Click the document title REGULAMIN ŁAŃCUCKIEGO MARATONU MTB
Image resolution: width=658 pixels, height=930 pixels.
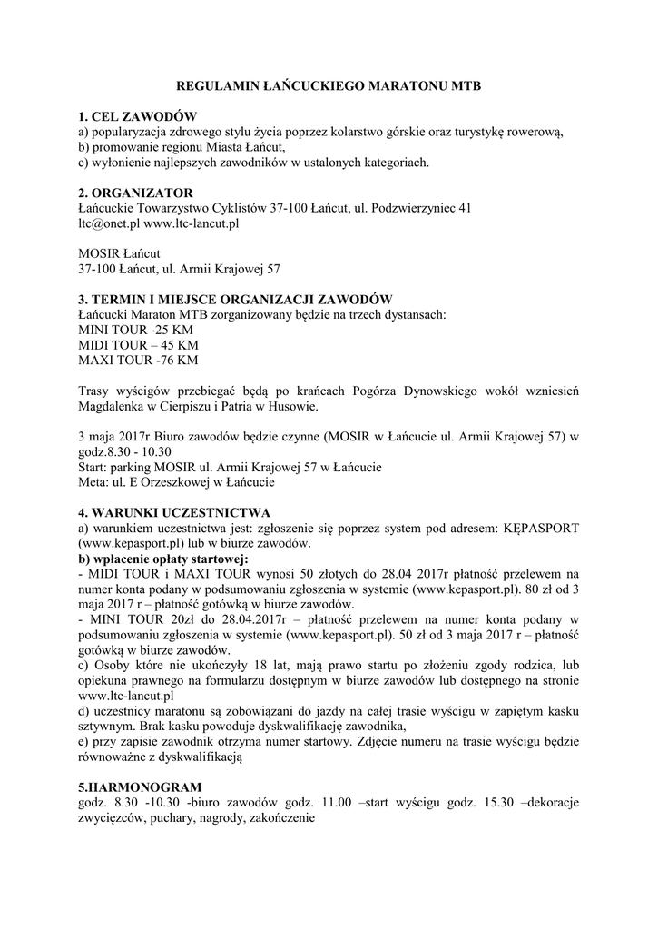tap(328, 86)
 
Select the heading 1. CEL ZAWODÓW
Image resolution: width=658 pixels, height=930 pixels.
tap(137, 116)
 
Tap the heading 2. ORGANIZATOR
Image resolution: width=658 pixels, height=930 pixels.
tap(135, 193)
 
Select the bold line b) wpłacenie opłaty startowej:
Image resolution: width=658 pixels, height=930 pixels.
tap(163, 559)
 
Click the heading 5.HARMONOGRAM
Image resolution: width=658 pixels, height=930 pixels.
tap(141, 787)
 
